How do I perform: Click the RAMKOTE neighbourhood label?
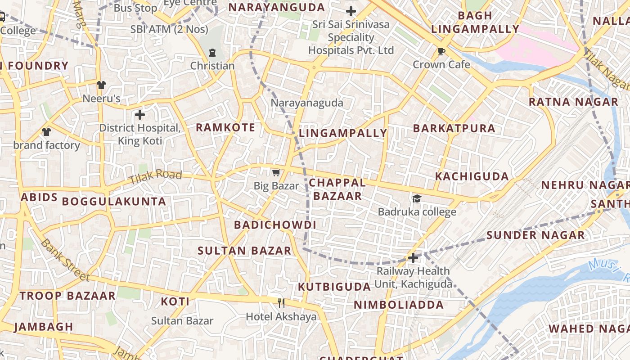225,127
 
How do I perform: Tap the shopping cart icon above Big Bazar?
276,172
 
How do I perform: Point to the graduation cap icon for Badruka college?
417,198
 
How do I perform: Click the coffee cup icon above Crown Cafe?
441,52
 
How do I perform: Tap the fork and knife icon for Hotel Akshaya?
281,303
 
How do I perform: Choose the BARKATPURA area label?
454,128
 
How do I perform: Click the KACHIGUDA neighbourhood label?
472,176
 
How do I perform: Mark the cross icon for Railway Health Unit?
413,258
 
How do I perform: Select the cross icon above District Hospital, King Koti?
140,115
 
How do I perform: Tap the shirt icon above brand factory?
46,132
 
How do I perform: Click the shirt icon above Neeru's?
101,85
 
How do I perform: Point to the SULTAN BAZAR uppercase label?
244,251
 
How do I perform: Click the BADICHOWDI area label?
275,225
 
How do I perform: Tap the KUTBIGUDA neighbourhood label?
334,287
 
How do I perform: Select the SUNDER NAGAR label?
535,235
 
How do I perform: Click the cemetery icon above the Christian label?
212,53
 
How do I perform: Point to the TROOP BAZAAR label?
67,296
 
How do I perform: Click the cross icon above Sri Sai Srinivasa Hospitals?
351,11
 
